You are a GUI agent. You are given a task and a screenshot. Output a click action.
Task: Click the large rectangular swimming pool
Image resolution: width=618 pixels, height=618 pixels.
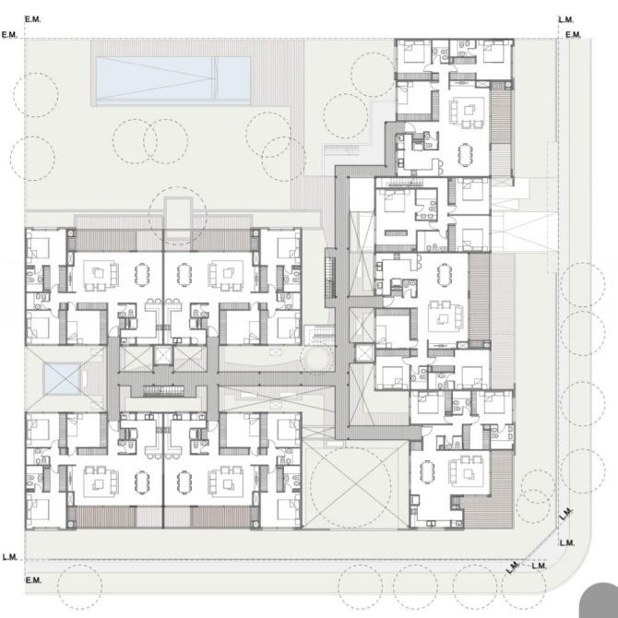[173, 80]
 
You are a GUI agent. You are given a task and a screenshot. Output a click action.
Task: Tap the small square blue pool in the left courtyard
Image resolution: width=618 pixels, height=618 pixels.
[62, 379]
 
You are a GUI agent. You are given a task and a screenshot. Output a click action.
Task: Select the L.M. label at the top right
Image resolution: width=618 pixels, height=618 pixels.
[566, 19]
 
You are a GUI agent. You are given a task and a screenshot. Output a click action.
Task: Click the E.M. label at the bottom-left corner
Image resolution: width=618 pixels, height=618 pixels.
[33, 580]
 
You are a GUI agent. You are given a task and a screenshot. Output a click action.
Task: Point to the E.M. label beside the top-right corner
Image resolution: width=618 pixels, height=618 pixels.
[574, 35]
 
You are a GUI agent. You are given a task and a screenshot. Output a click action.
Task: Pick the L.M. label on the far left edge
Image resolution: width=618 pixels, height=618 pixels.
[10, 557]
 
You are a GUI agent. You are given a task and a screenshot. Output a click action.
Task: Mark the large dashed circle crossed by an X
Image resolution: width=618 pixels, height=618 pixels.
[351, 486]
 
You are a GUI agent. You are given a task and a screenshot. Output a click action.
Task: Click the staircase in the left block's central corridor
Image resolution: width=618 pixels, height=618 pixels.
[163, 391]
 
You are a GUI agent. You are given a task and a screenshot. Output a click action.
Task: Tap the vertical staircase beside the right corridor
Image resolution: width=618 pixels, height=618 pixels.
[330, 278]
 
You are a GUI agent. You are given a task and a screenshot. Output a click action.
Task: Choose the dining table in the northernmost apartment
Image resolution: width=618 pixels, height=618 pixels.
[465, 154]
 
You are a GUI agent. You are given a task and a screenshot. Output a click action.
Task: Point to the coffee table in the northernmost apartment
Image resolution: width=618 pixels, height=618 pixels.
[469, 111]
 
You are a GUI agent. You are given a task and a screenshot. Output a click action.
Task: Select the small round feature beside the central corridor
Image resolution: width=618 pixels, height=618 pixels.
[316, 358]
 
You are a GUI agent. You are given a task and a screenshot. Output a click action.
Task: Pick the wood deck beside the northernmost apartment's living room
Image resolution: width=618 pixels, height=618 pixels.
[502, 116]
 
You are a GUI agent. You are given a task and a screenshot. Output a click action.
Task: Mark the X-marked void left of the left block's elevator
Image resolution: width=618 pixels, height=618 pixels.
[136, 359]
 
